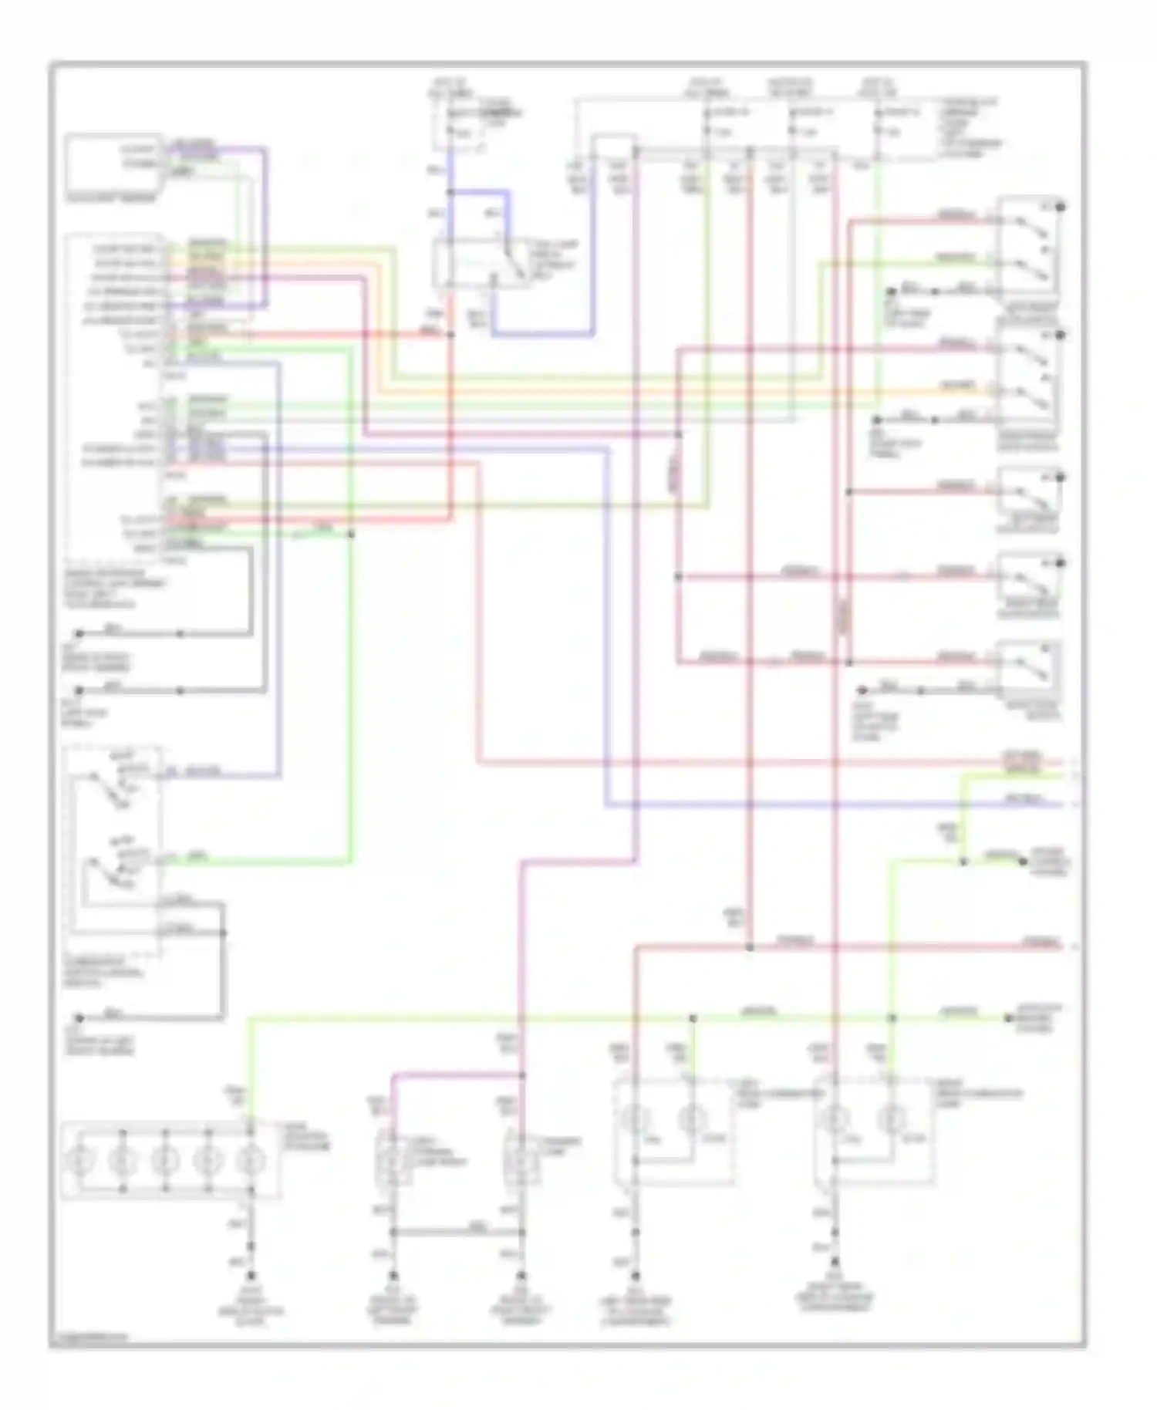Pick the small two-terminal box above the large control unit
pos(114,162)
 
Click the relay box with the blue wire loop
pos(482,263)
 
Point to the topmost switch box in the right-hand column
pos(1030,247)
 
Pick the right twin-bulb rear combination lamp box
pos(875,1132)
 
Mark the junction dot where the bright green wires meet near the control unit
pos(352,534)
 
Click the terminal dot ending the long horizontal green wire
pos(1008,1018)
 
